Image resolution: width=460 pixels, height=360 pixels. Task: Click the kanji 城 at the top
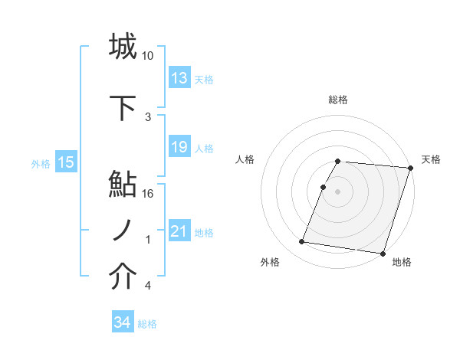[123, 45]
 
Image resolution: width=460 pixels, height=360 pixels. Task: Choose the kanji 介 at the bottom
[123, 277]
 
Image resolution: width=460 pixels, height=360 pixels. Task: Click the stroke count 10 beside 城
[148, 56]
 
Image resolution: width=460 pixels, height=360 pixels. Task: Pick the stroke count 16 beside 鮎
[148, 194]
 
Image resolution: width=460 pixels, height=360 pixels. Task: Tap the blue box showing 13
[179, 78]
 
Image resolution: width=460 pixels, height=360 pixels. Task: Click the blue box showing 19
[179, 147]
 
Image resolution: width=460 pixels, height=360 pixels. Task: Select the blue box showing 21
[179, 231]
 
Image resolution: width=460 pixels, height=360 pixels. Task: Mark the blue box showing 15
[65, 162]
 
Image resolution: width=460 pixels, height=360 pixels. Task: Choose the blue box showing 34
[122, 322]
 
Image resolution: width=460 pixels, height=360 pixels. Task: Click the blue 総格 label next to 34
[147, 324]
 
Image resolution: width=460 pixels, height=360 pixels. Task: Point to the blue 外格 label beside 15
[41, 163]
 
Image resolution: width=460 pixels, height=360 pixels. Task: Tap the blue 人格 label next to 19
[204, 149]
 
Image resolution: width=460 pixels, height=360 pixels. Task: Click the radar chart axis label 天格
[431, 159]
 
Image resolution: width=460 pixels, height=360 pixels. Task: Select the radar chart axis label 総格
[338, 100]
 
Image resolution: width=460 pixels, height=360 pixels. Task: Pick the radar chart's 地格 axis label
[401, 262]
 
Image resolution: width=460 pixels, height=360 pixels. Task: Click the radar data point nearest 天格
[411, 168]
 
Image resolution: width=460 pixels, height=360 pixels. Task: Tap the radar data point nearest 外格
[302, 242]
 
